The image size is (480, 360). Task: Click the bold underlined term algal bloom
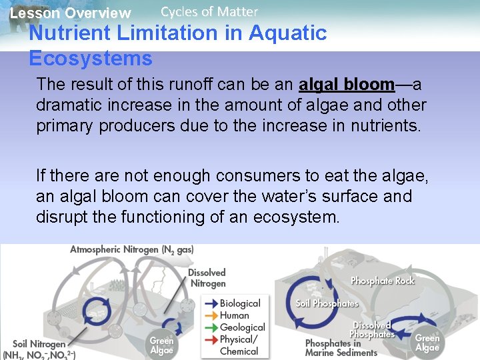click(x=347, y=85)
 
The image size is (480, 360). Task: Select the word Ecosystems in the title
click(x=91, y=59)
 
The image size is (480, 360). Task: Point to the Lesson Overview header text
click(x=71, y=13)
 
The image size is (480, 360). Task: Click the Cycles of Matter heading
click(x=209, y=11)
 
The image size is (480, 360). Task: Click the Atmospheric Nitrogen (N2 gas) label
click(x=132, y=250)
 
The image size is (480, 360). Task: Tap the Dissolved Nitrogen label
click(x=207, y=278)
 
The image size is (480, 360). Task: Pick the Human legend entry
click(x=234, y=315)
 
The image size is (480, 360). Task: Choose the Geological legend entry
click(x=242, y=327)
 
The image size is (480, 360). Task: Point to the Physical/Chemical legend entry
click(x=239, y=345)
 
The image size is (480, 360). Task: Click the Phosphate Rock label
click(x=383, y=281)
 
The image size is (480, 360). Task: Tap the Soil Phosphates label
click(x=327, y=303)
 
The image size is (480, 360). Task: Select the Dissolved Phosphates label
click(x=372, y=329)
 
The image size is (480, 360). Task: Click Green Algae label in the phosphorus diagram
click(x=427, y=343)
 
